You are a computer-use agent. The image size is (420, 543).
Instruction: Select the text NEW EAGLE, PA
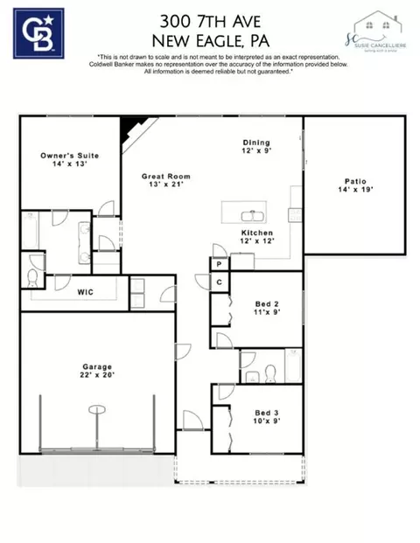point(209,40)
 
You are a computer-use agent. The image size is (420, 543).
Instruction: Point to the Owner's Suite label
point(69,156)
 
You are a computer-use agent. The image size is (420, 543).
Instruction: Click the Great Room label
point(166,176)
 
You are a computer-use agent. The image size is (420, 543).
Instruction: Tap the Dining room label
point(256,143)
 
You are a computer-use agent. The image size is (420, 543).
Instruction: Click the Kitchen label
point(257,233)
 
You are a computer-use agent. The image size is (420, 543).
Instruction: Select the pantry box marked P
point(218,263)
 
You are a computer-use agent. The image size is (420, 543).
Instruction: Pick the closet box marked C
point(218,282)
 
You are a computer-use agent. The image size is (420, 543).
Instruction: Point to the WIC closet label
point(85,291)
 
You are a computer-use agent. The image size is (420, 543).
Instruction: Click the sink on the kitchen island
point(254,212)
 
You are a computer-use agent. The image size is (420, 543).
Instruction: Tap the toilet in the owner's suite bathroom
point(33,279)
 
